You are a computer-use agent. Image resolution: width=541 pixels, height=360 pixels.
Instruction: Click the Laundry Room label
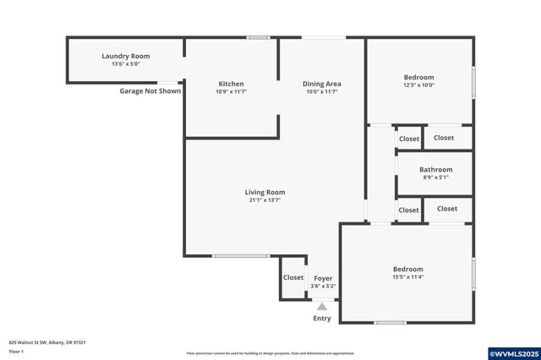click(125, 56)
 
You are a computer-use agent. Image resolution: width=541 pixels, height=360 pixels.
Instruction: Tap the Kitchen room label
click(231, 84)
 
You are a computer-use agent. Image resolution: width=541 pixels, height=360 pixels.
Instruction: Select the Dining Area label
click(322, 84)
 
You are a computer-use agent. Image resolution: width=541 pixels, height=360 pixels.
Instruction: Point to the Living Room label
click(265, 192)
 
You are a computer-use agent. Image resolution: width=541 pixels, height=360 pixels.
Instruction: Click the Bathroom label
click(435, 169)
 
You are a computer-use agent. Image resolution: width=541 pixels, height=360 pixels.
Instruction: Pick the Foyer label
click(323, 278)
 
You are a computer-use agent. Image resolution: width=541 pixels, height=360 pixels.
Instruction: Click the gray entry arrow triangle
click(322, 307)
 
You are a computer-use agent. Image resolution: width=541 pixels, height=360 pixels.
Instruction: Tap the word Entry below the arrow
click(322, 319)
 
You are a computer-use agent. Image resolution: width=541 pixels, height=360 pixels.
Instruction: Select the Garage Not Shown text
click(150, 90)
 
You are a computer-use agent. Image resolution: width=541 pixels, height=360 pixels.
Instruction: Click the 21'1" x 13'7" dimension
click(265, 200)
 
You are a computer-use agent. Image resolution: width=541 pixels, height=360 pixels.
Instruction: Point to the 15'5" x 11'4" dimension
click(407, 277)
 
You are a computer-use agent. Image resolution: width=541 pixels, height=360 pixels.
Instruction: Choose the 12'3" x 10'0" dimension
click(418, 85)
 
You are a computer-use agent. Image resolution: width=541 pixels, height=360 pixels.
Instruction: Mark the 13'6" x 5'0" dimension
click(125, 64)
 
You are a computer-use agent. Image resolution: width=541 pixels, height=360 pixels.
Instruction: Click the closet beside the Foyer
click(293, 277)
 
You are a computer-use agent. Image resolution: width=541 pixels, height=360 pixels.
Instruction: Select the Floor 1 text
click(16, 351)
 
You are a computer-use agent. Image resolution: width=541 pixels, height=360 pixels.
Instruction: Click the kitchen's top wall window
click(258, 37)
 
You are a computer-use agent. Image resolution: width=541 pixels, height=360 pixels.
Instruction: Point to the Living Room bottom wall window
click(240, 256)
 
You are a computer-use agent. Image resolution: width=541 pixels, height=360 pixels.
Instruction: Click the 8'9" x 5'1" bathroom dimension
click(435, 177)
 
